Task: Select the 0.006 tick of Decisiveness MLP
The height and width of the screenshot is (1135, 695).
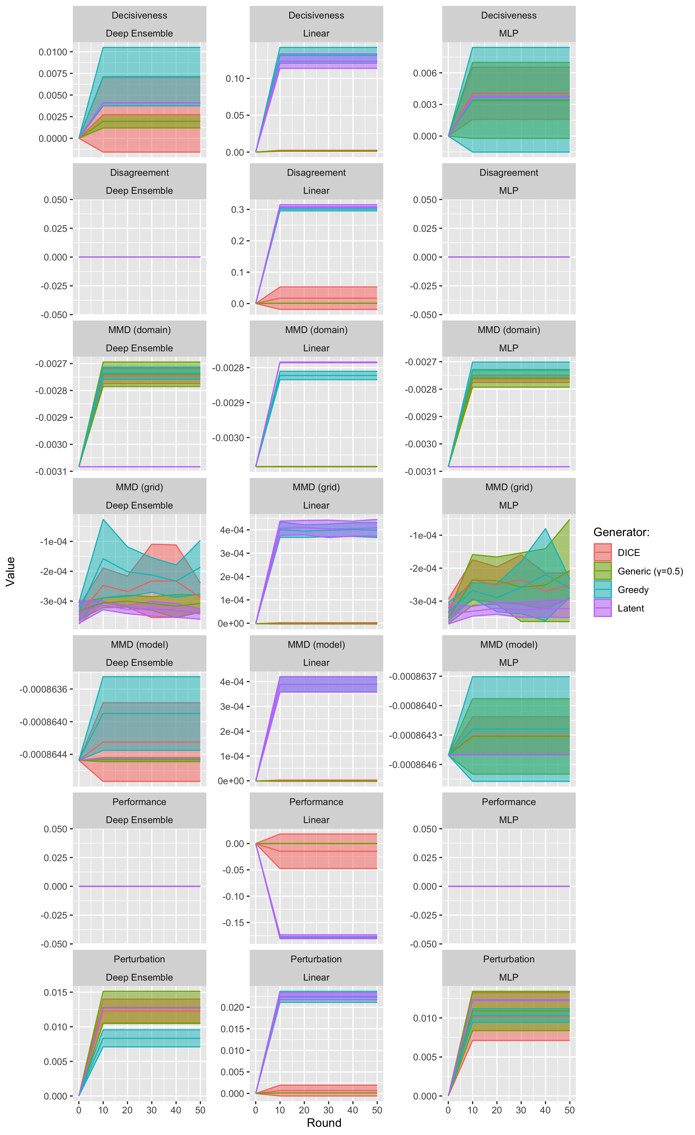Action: pyautogui.click(x=425, y=73)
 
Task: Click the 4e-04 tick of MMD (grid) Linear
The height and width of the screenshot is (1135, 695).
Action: pyautogui.click(x=232, y=530)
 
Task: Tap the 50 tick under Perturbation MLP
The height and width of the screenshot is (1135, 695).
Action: pyautogui.click(x=569, y=1110)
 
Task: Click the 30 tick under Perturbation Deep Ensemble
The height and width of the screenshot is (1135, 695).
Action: pyautogui.click(x=152, y=1110)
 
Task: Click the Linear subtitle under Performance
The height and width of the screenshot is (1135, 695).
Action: pyautogui.click(x=316, y=820)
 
